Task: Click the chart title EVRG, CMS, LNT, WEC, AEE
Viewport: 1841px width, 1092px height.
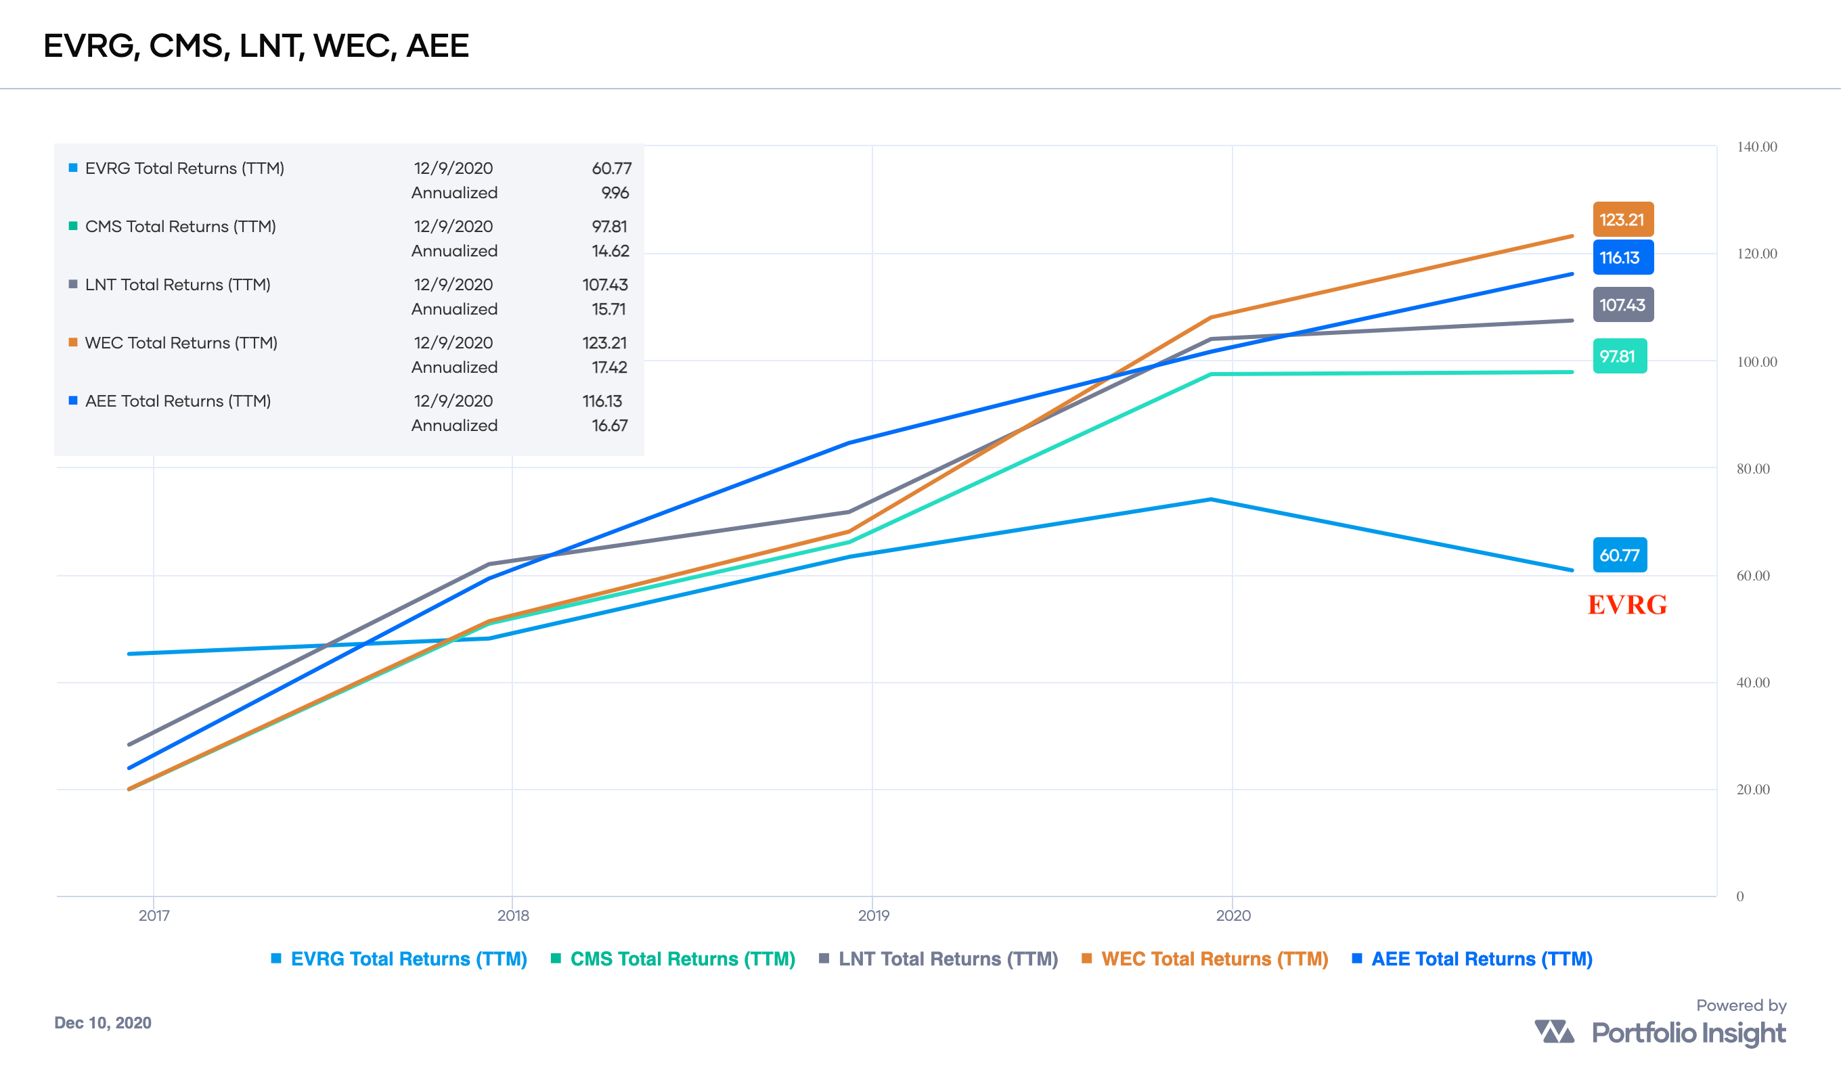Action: click(256, 45)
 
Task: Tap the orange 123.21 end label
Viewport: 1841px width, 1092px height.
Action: click(1622, 219)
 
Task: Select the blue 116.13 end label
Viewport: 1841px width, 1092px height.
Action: click(1622, 258)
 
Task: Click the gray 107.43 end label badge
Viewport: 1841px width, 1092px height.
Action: click(1622, 304)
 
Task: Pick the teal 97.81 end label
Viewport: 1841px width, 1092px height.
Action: click(1619, 356)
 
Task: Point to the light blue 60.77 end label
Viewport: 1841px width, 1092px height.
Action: click(1620, 555)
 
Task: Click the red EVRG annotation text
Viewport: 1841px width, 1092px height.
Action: click(1627, 605)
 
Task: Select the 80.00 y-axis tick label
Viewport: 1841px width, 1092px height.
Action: click(1752, 469)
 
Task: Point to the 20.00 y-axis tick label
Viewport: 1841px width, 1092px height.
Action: click(1752, 790)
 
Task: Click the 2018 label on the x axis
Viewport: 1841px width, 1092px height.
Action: click(513, 915)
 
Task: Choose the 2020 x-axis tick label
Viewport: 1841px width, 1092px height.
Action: click(1233, 915)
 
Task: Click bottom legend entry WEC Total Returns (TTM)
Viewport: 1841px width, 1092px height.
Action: click(1214, 959)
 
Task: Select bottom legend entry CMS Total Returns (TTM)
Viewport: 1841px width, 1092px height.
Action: click(682, 959)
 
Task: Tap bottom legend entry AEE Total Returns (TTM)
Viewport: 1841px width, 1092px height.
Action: click(1481, 959)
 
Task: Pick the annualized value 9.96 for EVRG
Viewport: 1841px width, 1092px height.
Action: click(615, 193)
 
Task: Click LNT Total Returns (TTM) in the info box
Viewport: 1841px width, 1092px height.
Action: click(177, 285)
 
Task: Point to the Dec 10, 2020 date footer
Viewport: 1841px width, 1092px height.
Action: click(103, 1023)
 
